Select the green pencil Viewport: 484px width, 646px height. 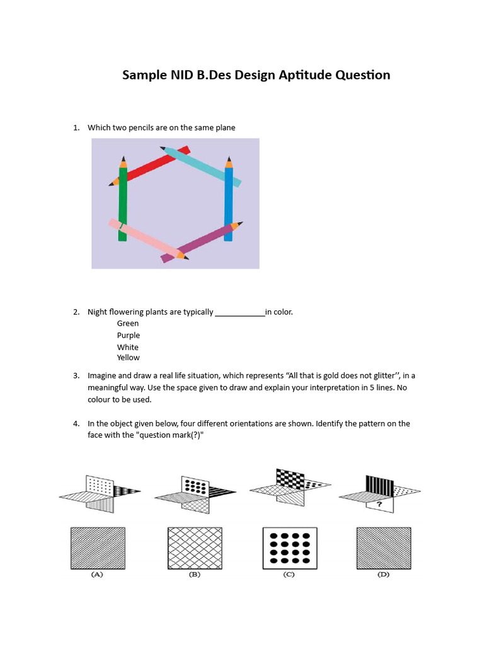pyautogui.click(x=123, y=202)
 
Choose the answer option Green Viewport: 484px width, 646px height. pyautogui.click(x=128, y=324)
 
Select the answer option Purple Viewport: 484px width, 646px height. pyautogui.click(x=129, y=336)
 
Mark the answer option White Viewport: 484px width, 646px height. pyautogui.click(x=128, y=348)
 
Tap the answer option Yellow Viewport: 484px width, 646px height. pyautogui.click(x=129, y=358)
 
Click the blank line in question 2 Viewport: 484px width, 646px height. pyautogui.click(x=240, y=312)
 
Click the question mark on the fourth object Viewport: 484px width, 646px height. pyautogui.click(x=379, y=505)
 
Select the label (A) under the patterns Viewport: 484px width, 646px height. pyautogui.click(x=97, y=575)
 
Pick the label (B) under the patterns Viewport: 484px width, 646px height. pyautogui.click(x=194, y=575)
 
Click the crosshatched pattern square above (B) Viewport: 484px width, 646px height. pyautogui.click(x=194, y=548)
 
